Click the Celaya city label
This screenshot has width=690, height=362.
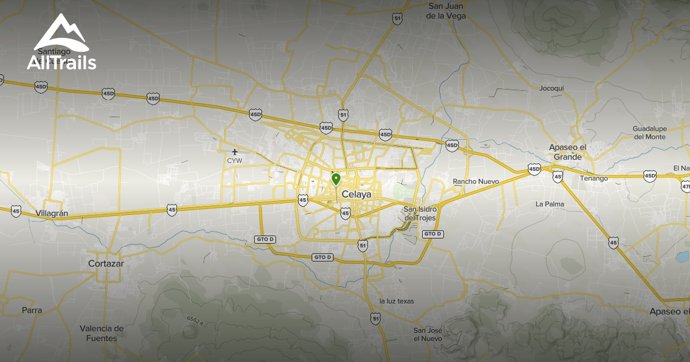[x=356, y=195]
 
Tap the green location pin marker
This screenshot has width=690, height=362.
[x=336, y=180]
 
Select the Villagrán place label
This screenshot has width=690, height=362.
[x=52, y=213]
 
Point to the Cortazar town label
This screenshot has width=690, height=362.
[x=106, y=264]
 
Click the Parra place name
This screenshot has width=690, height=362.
[x=32, y=310]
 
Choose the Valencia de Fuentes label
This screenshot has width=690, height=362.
[x=102, y=333]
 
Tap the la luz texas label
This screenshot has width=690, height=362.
[x=397, y=301]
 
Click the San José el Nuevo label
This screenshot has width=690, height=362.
[x=428, y=334]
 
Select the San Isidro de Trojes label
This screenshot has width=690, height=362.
[x=420, y=213]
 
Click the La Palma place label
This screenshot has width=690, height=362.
[x=550, y=204]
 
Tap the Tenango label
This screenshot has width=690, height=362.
[x=593, y=178]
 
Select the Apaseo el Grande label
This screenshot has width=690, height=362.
[x=567, y=152]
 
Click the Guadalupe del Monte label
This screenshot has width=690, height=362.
[x=649, y=132]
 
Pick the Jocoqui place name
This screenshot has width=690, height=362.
[x=552, y=88]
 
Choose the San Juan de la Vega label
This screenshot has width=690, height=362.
[x=446, y=11]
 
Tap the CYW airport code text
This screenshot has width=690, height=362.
[x=235, y=161]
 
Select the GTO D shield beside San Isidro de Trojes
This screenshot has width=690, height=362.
[x=432, y=234]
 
